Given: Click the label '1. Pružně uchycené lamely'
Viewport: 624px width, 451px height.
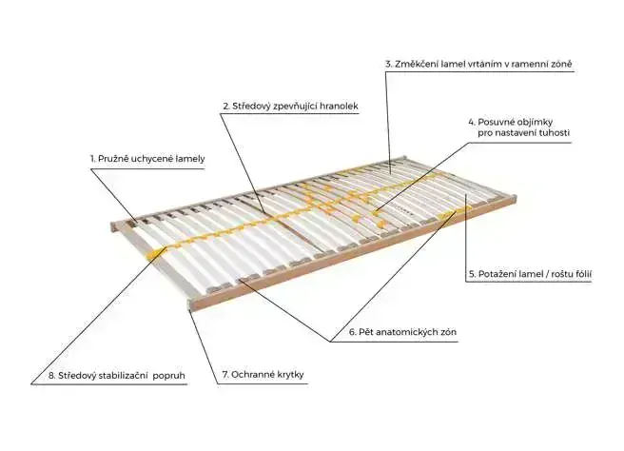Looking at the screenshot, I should (147, 158).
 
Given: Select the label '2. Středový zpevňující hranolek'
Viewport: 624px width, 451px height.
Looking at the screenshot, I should (289, 107).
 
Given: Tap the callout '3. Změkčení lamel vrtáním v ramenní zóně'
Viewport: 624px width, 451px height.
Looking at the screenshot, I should (478, 64).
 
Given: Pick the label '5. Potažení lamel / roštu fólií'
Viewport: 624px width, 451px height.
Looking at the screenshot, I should (530, 274).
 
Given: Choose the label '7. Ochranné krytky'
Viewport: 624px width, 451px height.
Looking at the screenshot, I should (265, 376).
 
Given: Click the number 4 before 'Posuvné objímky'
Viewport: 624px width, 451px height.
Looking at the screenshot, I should (470, 121).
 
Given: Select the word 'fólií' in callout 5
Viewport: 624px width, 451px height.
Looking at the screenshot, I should (581, 274).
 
